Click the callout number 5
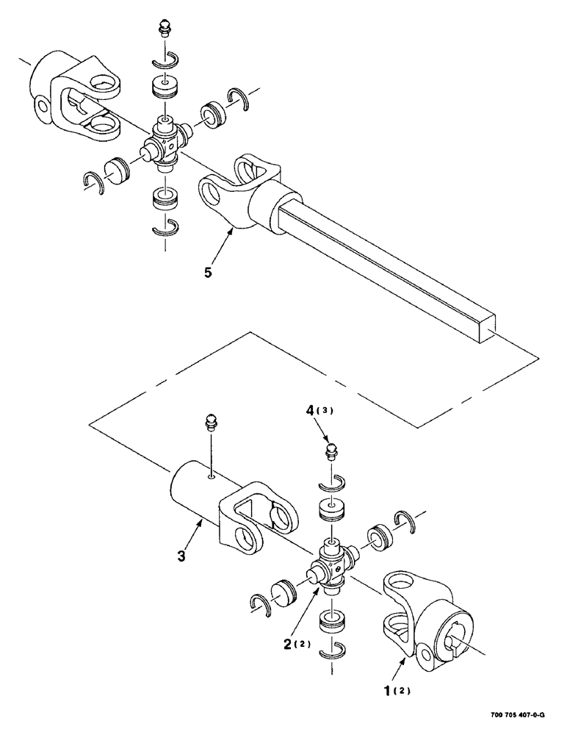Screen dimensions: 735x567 click(209, 273)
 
